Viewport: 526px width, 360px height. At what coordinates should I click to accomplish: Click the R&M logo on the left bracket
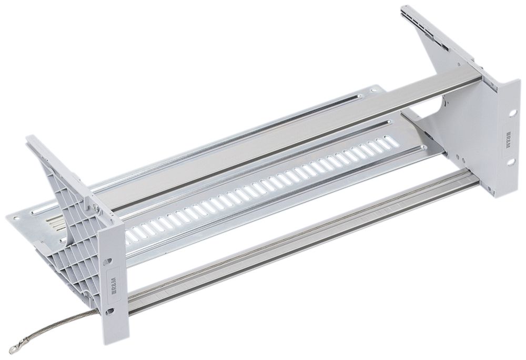[115, 285]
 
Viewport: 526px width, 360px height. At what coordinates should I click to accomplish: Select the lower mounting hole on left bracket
[112, 312]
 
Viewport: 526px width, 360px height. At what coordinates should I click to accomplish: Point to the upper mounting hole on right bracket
[510, 112]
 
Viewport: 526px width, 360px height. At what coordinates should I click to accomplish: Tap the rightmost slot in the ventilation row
[389, 141]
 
